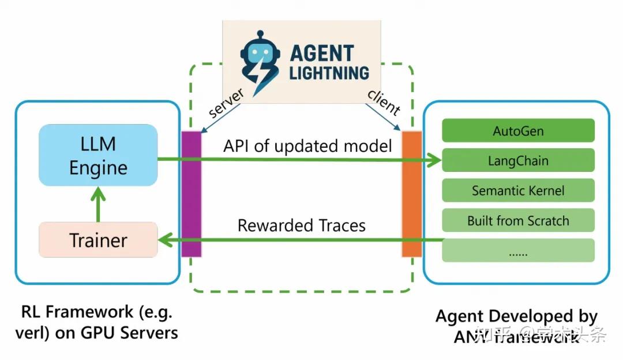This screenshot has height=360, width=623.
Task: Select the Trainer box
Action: pyautogui.click(x=98, y=239)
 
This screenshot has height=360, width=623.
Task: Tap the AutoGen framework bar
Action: pyautogui.click(x=517, y=130)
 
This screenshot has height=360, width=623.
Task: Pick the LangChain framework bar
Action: pyautogui.click(x=517, y=160)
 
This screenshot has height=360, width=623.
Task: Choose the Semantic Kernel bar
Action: pyautogui.click(x=517, y=190)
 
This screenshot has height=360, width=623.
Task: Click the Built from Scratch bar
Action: pyautogui.click(x=517, y=220)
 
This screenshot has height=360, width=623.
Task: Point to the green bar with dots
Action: pyautogui.click(x=517, y=251)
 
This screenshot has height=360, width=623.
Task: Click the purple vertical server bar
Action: pyautogui.click(x=191, y=194)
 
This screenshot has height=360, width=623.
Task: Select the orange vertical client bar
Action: pyautogui.click(x=412, y=194)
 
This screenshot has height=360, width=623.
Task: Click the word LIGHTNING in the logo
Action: pyautogui.click(x=329, y=73)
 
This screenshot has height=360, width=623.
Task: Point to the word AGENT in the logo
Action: pyautogui.click(x=321, y=53)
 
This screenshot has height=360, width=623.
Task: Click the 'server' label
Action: pyautogui.click(x=226, y=103)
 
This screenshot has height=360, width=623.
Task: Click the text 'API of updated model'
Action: pyautogui.click(x=307, y=146)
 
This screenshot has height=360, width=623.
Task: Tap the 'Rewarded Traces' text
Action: pyautogui.click(x=301, y=225)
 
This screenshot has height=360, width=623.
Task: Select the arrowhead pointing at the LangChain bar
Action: pyautogui.click(x=434, y=161)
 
